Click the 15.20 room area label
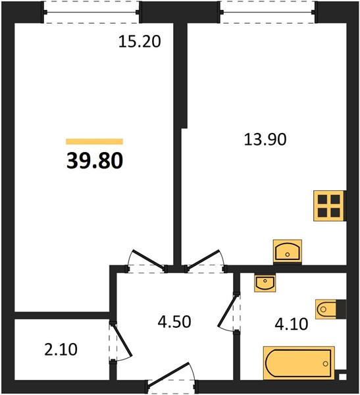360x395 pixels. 140,41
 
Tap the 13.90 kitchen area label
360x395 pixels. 265,140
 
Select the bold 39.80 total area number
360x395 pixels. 95,161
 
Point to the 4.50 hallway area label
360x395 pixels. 174,322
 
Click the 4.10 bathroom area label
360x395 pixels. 291,324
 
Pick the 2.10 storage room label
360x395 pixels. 61,350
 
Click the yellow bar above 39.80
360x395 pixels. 95,142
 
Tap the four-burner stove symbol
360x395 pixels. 330,206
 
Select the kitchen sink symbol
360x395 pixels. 288,251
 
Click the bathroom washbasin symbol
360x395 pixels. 265,283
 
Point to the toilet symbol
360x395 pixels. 331,309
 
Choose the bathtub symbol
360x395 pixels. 299,363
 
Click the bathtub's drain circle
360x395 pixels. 326,363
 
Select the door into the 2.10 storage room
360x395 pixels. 122,340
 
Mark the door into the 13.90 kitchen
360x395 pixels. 205,261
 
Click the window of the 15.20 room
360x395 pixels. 91,12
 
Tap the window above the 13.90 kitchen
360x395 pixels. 267,12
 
